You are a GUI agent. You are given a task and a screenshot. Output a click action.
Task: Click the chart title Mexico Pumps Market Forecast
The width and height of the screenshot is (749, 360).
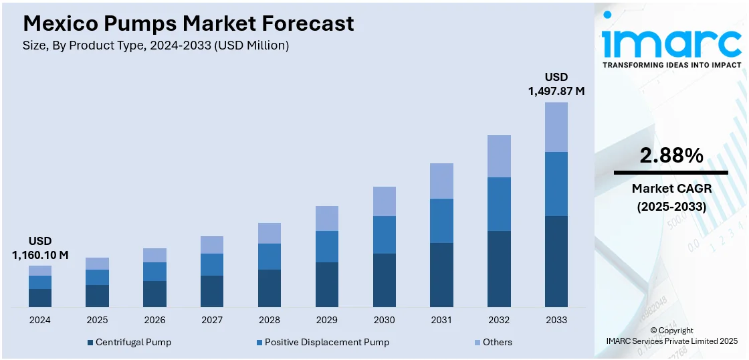tap(189, 24)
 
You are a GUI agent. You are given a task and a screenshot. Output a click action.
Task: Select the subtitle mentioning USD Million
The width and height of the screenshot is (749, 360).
tap(156, 46)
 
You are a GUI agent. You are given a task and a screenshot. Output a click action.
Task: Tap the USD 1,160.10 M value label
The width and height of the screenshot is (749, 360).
tap(40, 248)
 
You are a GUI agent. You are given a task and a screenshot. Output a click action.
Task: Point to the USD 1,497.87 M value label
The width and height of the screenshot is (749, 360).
tap(556, 84)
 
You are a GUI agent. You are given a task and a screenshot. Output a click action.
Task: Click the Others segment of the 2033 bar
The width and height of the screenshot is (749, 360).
tap(556, 127)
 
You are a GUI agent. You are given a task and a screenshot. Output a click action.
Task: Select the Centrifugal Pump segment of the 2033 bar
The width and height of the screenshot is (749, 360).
tap(556, 262)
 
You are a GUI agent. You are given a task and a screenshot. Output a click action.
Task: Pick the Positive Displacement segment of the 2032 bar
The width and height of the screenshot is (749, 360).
tap(499, 204)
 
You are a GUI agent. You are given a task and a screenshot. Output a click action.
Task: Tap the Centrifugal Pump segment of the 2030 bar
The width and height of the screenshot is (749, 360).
tap(384, 280)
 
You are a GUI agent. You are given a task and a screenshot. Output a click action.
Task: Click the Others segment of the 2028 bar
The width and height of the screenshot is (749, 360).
tap(270, 233)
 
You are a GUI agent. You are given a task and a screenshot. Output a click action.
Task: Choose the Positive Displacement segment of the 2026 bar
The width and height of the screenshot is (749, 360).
tap(154, 272)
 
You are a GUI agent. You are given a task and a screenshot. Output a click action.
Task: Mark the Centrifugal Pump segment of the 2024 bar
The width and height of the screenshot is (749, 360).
tap(40, 298)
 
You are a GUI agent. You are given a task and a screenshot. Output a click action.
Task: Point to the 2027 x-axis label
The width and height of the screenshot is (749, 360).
tap(212, 320)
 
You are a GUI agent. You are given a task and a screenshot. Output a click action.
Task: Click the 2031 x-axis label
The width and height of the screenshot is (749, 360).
tap(441, 320)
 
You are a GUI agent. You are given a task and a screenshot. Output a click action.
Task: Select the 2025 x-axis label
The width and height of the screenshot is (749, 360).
tap(97, 320)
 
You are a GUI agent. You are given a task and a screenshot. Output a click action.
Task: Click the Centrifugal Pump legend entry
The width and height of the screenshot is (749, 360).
tap(130, 342)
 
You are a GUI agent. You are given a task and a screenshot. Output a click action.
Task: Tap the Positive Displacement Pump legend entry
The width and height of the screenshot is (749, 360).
tap(323, 342)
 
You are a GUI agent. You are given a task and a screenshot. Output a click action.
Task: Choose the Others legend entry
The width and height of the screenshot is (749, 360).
tap(493, 342)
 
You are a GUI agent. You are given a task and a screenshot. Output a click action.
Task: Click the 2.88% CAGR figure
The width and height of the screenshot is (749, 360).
tap(671, 156)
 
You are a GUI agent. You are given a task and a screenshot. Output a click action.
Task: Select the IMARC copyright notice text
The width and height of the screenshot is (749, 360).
tap(671, 336)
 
